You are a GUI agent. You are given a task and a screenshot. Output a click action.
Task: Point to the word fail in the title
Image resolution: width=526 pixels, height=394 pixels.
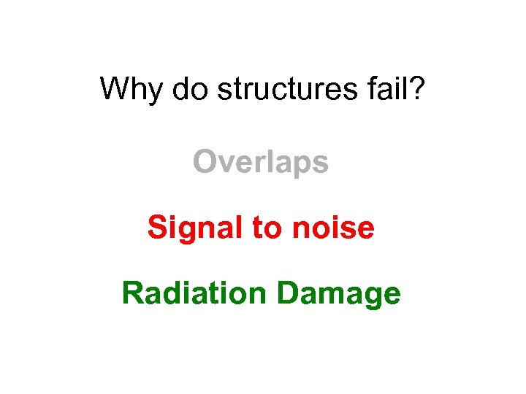[392, 89]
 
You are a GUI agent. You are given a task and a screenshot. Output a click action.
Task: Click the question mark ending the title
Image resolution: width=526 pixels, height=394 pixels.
[419, 89]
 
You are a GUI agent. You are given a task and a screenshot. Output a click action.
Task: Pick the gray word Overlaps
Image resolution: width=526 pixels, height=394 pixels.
[261, 163]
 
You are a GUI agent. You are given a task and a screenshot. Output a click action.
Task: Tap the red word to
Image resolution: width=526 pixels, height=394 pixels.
[267, 228]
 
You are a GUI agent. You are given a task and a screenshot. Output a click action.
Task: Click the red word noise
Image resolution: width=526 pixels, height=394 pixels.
[333, 228]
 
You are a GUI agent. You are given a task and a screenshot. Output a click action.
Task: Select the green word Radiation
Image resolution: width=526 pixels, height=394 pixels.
[194, 293]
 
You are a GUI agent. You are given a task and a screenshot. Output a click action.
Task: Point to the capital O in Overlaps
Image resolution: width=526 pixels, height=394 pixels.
[205, 163]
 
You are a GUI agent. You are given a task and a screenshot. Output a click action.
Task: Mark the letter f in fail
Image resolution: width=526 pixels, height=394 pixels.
[377, 89]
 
